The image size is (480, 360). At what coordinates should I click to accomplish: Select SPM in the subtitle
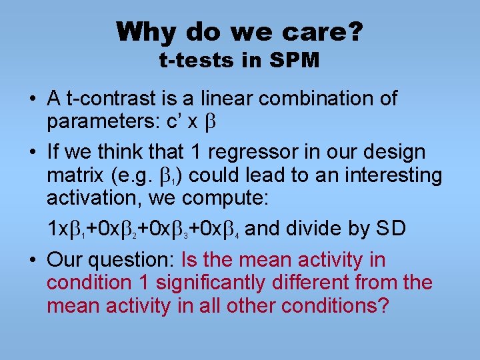point(294,61)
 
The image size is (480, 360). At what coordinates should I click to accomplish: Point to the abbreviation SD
point(390,229)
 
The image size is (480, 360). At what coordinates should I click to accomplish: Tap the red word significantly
point(211,283)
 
